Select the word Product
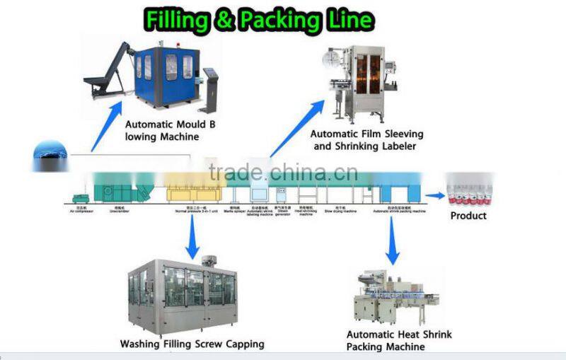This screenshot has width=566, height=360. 468,215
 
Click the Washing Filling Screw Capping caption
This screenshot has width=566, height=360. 191,344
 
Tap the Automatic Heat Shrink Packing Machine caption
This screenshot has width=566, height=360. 398,340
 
